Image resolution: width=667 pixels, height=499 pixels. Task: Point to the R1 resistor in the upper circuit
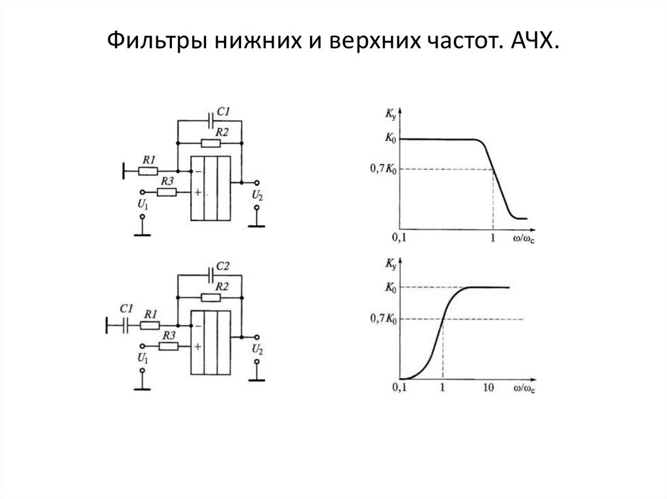149,172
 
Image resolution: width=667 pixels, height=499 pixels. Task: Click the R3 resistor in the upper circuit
167,193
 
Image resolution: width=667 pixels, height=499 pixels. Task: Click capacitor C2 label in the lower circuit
222,267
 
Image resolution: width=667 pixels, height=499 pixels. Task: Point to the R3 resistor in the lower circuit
169,346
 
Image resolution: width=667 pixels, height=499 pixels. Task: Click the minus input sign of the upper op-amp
196,171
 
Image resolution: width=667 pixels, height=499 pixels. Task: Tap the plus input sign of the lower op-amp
196,347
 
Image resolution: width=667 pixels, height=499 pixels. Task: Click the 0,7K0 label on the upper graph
384,169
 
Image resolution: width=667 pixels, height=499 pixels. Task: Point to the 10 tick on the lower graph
488,388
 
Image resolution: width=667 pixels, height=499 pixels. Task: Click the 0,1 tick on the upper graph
399,238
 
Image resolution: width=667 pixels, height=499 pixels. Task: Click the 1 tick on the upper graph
493,238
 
